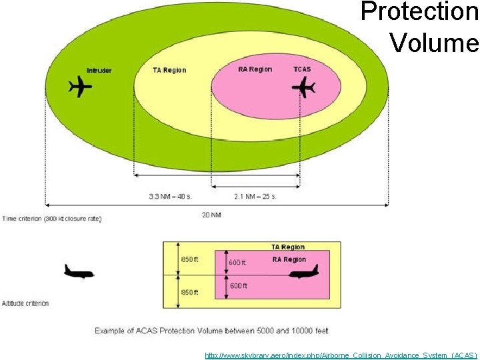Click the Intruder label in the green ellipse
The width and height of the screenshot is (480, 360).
(99, 71)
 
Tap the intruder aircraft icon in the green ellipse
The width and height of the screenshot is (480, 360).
(81, 87)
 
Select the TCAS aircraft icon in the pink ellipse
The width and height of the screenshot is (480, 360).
(305, 87)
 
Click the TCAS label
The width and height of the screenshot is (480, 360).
(302, 69)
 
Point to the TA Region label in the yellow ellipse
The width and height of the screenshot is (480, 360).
(169, 70)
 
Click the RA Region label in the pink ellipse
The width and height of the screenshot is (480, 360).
(255, 69)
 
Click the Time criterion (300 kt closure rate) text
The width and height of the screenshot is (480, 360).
(52, 219)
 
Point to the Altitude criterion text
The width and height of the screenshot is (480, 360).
(25, 303)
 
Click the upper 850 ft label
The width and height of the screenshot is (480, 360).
(189, 259)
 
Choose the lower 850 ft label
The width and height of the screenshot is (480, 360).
(189, 291)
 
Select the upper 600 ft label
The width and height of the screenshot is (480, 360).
(238, 263)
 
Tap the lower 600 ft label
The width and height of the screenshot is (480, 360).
(238, 285)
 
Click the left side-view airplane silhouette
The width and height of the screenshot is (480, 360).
(79, 271)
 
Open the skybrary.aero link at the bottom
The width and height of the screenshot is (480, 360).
(341, 355)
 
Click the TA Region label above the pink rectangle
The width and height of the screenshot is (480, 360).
(288, 247)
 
